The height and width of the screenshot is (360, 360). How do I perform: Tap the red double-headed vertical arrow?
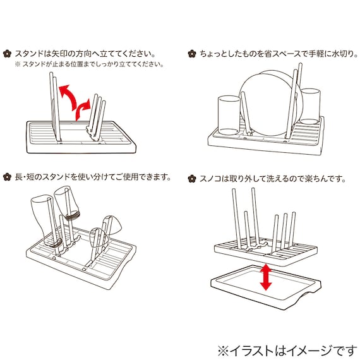(x=266, y=277)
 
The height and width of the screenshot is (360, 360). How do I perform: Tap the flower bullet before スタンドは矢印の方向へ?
(x=8, y=54)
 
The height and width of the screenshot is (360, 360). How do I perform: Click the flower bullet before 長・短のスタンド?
(x=8, y=176)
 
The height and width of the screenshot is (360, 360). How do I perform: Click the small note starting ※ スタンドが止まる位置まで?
(x=88, y=64)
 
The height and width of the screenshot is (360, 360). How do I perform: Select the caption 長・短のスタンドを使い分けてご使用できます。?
(x=93, y=176)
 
